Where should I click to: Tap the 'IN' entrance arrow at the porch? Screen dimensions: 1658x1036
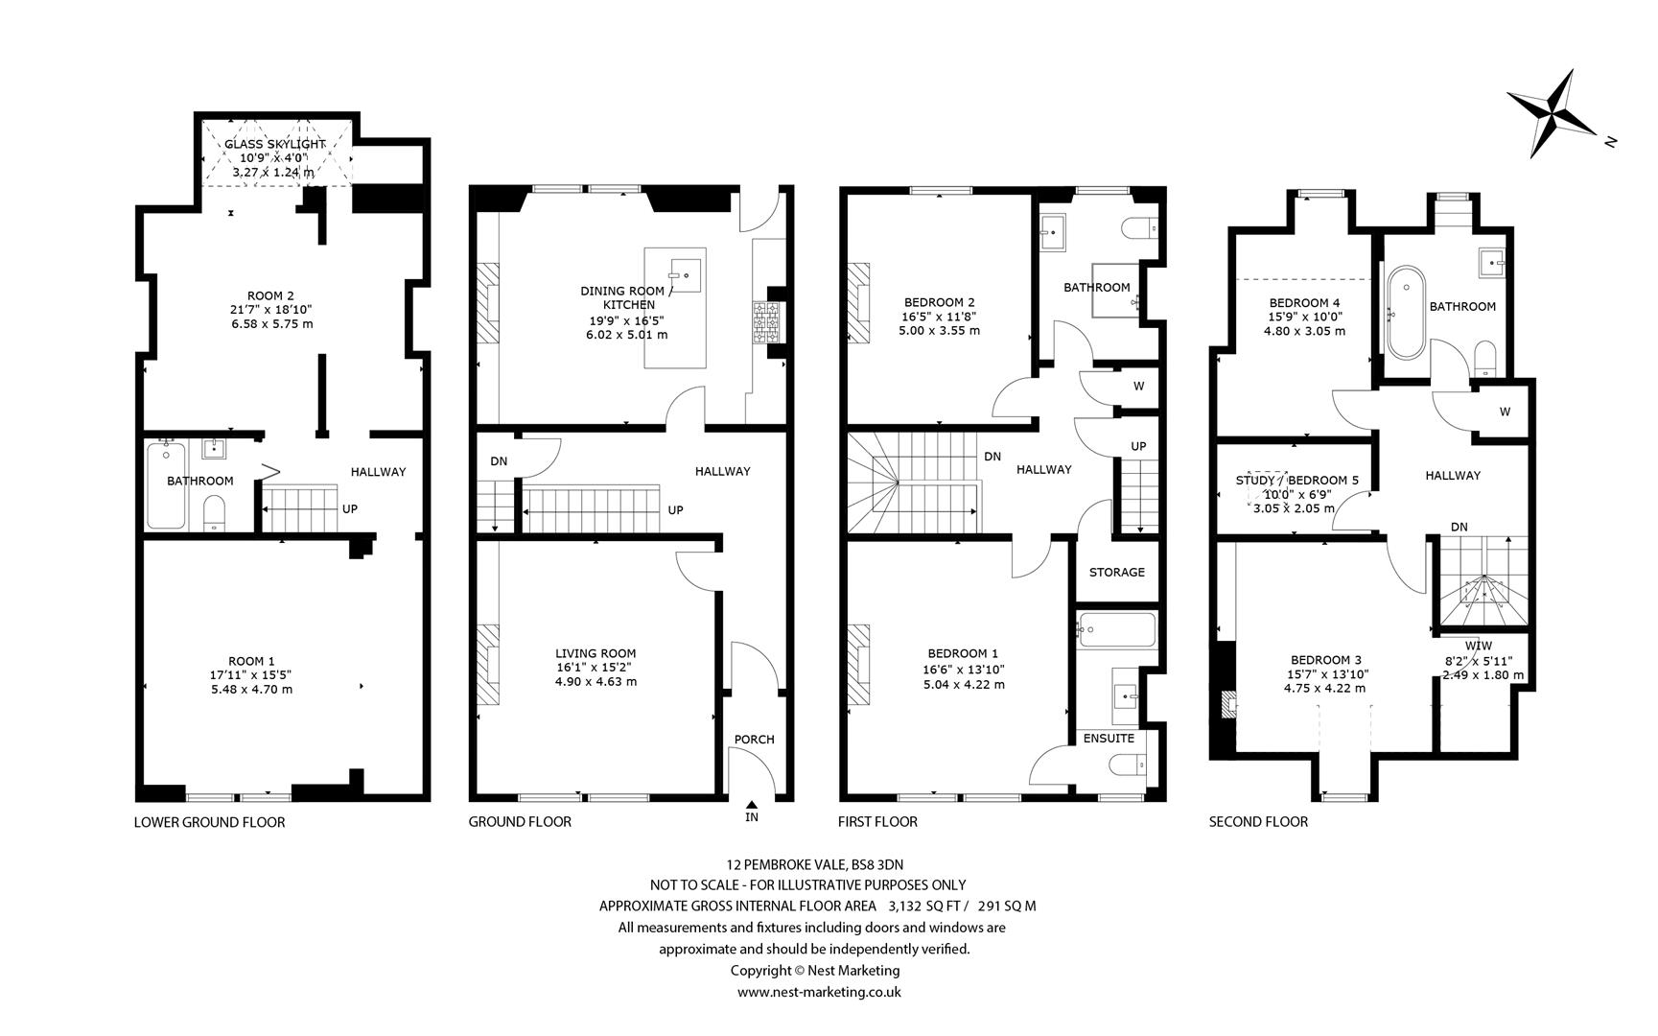pos(752,806)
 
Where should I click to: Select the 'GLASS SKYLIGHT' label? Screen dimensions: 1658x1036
pos(275,144)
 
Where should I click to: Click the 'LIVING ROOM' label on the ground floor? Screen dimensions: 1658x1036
pos(595,653)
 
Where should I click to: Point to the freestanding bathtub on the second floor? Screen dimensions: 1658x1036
pos(1407,313)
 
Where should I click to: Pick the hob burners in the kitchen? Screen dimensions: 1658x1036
pos(767,322)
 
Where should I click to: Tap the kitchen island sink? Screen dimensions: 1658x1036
pos(685,274)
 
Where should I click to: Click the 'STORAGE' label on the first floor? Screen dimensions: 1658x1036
pos(1117,573)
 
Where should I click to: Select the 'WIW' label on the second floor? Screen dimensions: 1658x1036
pos(1479,646)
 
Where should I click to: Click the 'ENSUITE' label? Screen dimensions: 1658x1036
pos(1109,739)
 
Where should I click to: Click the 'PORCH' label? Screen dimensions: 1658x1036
pos(754,740)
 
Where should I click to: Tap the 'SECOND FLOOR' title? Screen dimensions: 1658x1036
pos(1258,822)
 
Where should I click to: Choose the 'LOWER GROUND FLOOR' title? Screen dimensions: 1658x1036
pos(209,822)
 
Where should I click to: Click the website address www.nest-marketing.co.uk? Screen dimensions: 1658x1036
pos(819,993)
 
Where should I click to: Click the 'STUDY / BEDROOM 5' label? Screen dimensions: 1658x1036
pos(1297,481)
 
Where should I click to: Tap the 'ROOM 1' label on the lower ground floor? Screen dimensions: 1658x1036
pos(251,661)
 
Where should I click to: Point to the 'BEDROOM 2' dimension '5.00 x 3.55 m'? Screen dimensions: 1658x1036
pos(939,331)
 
